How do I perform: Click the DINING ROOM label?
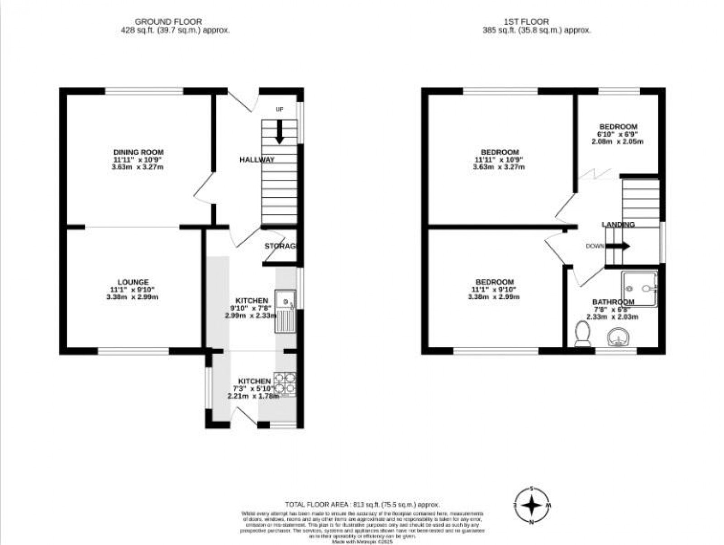point(138,152)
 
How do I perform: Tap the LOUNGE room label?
point(133,282)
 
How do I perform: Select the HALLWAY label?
point(257,160)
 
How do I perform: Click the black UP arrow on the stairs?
point(280,132)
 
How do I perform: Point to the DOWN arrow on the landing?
point(618,246)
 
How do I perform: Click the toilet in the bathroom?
point(581,334)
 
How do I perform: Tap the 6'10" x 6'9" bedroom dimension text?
point(617,134)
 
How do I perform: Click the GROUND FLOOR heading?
point(168,22)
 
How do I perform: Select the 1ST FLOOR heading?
point(526,22)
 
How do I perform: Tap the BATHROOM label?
point(613,302)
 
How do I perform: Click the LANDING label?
point(618,225)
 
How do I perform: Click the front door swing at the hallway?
point(242,100)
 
